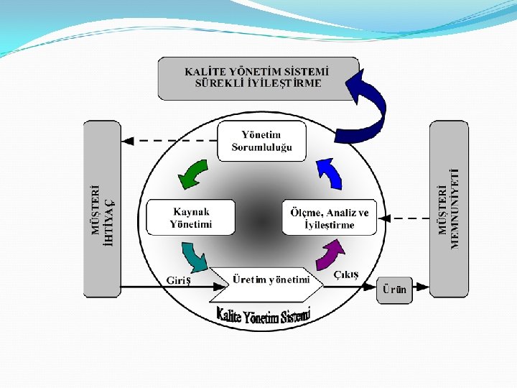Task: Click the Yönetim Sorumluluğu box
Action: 262,141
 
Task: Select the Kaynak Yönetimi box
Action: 191,218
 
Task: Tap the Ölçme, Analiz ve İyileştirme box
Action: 330,218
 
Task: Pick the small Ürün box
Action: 394,289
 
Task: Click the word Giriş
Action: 179,280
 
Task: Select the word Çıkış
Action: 346,275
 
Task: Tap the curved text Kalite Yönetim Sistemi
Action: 263,315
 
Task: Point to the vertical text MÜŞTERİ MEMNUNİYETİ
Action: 447,209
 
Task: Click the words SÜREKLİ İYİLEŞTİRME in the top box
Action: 258,83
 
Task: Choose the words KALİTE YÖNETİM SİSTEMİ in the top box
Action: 257,72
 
